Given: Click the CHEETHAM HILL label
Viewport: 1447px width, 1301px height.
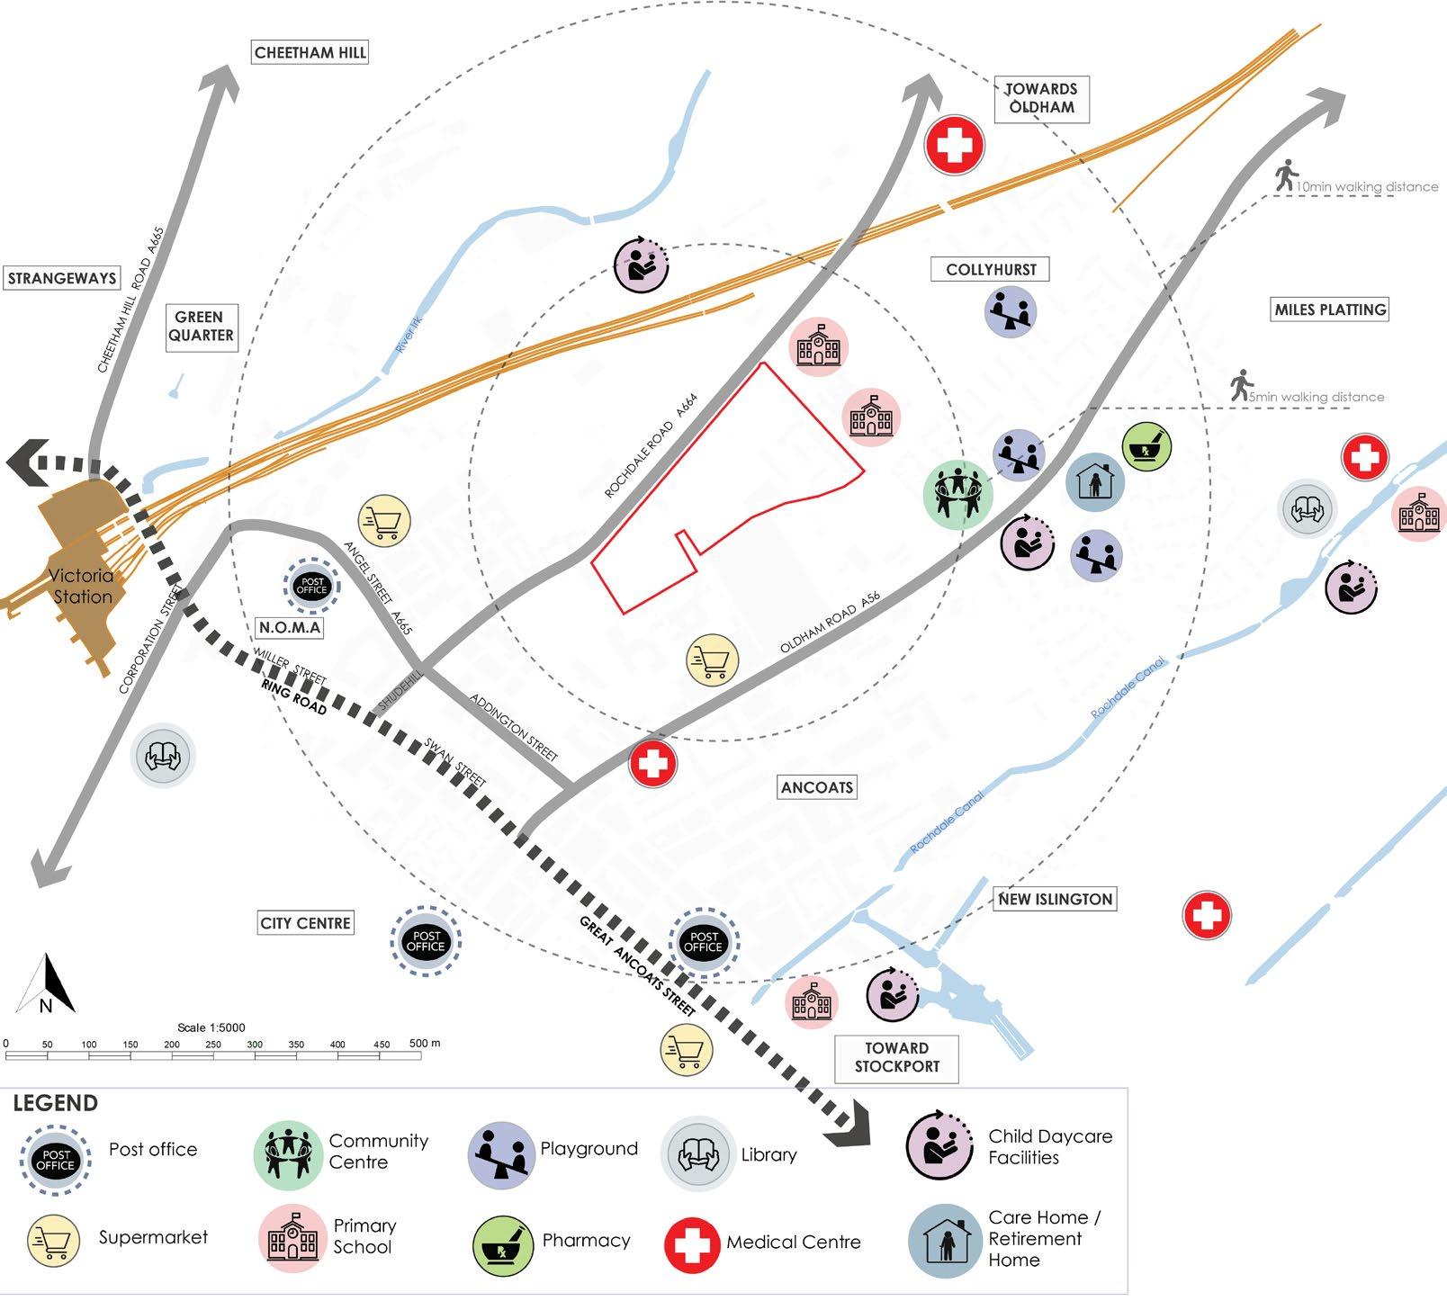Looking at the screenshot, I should click(x=310, y=52).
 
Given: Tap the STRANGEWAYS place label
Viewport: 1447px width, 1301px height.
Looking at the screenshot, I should click(x=61, y=278).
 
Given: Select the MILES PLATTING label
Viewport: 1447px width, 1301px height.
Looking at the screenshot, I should click(x=1330, y=310).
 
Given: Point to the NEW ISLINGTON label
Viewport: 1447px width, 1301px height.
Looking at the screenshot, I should click(x=1056, y=899).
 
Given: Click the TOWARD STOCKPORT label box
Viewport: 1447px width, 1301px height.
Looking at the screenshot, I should click(x=896, y=1057).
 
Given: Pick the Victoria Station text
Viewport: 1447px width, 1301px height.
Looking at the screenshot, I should click(x=81, y=586).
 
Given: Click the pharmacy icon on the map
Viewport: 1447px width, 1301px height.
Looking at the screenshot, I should click(x=1146, y=446).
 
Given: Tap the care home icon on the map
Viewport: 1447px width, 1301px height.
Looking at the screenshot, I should click(x=1094, y=481).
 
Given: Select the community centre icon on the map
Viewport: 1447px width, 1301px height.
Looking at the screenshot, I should click(x=957, y=492).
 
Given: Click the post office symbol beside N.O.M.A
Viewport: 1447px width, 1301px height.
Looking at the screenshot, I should click(x=311, y=587).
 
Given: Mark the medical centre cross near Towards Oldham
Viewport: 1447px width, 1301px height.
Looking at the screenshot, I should click(x=955, y=145).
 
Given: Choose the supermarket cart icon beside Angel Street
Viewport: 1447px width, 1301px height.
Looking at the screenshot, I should click(x=384, y=520).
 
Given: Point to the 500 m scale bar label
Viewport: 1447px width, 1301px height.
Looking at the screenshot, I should click(x=425, y=1044).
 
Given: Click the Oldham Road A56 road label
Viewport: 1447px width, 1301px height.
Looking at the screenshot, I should click(x=829, y=623).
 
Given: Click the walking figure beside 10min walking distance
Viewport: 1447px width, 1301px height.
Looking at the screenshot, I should click(x=1286, y=175).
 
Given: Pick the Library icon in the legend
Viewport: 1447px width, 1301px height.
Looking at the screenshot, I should click(x=697, y=1154).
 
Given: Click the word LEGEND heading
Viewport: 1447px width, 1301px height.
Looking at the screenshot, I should click(x=55, y=1103).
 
